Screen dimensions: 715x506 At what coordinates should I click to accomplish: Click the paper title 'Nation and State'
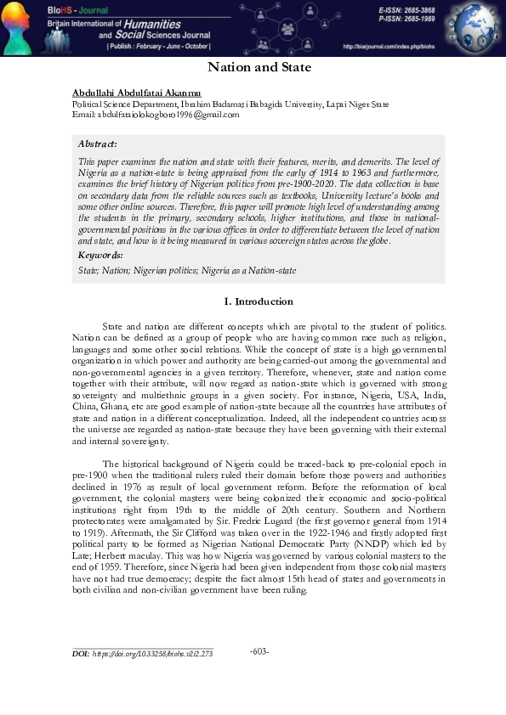tap(260, 67)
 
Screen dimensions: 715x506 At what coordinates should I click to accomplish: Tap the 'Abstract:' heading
tap(97, 144)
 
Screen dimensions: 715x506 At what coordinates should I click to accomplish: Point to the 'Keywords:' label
tap(100, 255)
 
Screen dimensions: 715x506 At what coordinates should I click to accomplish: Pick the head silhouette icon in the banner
tap(19, 28)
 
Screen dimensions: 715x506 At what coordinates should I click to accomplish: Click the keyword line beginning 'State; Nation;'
tap(153, 270)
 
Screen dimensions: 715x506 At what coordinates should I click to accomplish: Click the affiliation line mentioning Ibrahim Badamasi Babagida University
tap(230, 104)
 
